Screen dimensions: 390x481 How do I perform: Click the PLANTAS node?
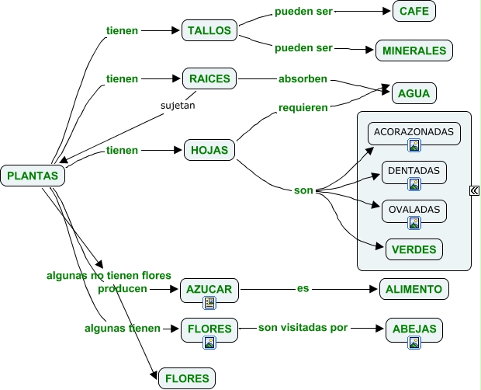[33, 176]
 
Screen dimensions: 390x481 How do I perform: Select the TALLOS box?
[209, 31]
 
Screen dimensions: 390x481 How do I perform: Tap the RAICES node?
[209, 78]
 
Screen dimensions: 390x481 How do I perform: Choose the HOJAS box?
[209, 151]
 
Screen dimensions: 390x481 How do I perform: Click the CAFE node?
[415, 12]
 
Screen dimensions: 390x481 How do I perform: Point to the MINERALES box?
[414, 50]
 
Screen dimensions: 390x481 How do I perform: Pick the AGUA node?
[414, 93]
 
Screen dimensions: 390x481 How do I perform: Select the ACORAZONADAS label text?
[414, 131]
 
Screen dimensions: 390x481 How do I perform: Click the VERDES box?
[414, 249]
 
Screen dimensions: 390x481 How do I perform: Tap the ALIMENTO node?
[414, 289]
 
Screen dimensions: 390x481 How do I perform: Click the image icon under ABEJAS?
[414, 343]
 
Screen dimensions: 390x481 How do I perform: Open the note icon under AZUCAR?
[209, 303]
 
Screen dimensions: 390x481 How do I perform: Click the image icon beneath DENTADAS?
[414, 184]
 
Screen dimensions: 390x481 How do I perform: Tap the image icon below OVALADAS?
[414, 223]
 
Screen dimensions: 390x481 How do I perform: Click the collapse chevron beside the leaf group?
[474, 190]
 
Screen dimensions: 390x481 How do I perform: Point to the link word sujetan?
[178, 104]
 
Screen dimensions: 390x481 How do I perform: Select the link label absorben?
[303, 78]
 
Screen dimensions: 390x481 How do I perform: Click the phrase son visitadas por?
[303, 328]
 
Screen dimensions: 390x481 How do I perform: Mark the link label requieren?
[303, 107]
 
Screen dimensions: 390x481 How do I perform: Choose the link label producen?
[122, 289]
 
